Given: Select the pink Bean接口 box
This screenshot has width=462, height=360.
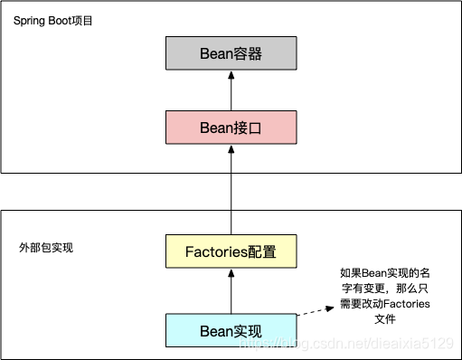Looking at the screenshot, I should [x=231, y=128].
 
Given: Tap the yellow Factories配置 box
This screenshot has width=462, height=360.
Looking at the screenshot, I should [x=231, y=251].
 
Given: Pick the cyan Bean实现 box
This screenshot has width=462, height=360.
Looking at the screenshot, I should [x=231, y=329].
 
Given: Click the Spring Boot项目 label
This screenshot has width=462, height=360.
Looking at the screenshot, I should [x=53, y=19].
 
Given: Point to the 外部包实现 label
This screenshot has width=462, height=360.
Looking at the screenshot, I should [x=46, y=246].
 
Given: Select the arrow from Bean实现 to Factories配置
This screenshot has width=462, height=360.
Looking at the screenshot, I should [x=231, y=290].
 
